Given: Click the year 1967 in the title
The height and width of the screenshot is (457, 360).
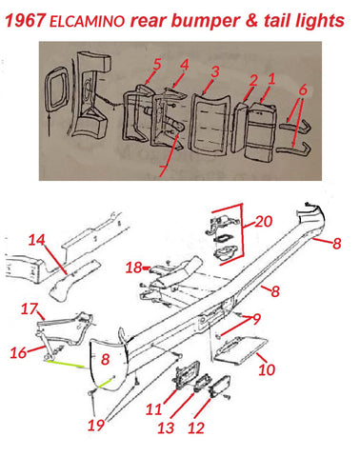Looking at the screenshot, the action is coord(25,20).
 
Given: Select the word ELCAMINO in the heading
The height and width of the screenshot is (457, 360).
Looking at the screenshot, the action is coord(87,22).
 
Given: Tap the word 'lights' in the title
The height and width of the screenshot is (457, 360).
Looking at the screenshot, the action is coord(320,21).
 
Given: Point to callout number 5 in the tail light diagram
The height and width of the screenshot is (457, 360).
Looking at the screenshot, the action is coord(157,65).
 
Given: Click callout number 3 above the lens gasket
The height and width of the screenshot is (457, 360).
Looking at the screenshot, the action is coord(215,71).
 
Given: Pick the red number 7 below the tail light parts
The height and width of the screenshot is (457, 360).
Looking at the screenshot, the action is coord(162,171).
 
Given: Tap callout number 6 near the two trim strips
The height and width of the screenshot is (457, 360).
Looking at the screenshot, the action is coord(303,89).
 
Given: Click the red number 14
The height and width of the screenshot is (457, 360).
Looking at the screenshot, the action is coord(37,240).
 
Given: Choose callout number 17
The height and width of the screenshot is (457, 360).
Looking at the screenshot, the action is coord(30,308).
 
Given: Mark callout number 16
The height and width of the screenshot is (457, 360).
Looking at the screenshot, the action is coord(18,352).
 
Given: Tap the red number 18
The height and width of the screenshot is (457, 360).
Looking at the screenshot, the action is coord(133,268).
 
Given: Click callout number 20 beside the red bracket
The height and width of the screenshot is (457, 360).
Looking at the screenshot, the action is coord(264,221).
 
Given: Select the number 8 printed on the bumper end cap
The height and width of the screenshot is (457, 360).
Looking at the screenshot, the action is coord(105,359).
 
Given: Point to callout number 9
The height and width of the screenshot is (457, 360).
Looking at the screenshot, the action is coord(256,319).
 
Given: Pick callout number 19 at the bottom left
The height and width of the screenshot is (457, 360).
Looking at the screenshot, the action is coord(96,425).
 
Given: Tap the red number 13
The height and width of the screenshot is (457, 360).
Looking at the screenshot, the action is coord(166,428).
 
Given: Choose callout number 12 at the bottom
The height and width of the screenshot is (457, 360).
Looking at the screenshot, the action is coord(196,428).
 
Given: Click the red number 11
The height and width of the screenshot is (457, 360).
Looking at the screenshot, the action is coord(154,409).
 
